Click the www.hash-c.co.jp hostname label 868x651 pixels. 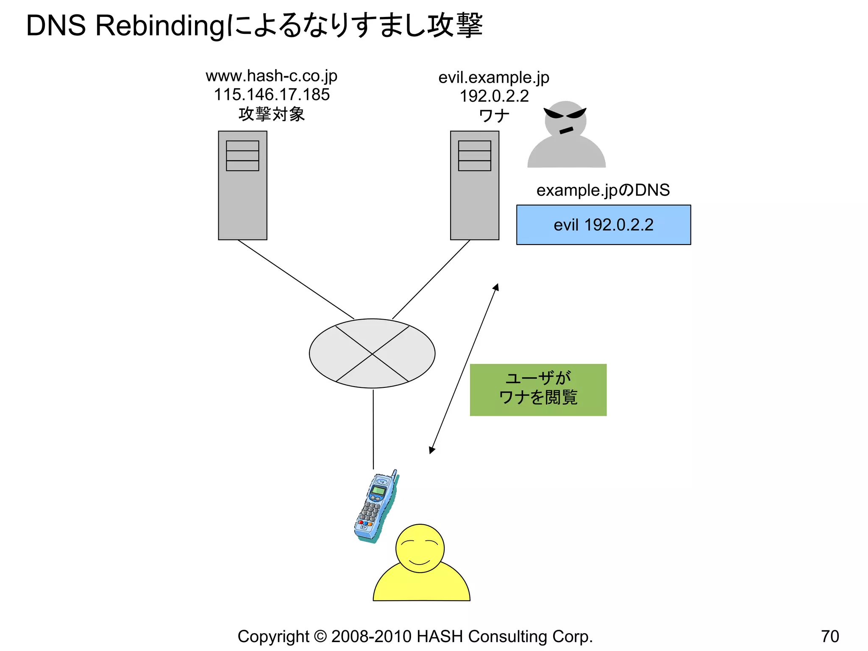(271, 76)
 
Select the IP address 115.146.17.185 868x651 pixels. (272, 95)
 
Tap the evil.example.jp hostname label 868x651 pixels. (494, 78)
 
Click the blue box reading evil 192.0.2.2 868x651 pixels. (603, 225)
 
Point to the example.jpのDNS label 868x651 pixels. (603, 190)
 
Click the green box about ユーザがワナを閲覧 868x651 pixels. (538, 389)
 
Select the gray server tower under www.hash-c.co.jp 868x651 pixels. (242, 185)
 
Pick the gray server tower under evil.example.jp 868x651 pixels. (474, 185)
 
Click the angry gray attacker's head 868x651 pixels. (565, 120)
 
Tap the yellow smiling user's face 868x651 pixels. (420, 548)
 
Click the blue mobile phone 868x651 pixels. (376, 506)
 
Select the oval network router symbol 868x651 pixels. (372, 353)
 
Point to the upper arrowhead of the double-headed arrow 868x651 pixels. (496, 287)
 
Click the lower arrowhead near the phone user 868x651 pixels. (431, 450)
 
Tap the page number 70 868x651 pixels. (829, 636)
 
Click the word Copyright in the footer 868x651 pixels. (273, 636)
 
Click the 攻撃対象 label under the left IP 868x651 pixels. (272, 114)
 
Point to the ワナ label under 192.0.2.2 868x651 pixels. (494, 115)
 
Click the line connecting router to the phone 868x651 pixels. (373, 428)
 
